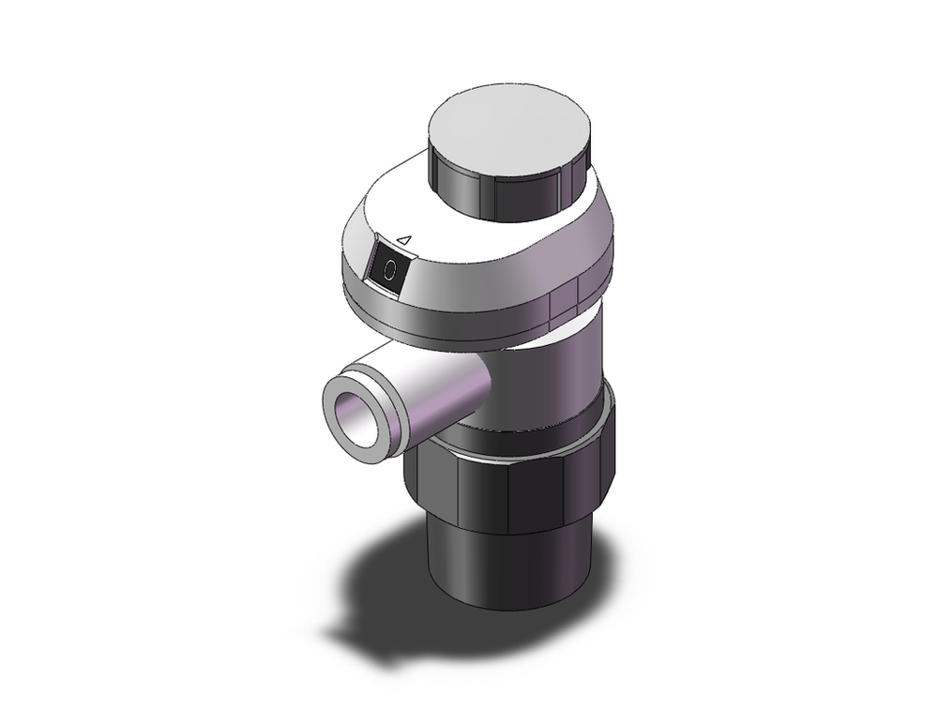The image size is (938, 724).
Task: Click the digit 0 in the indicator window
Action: [x=389, y=270]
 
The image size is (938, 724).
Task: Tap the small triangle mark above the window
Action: [x=404, y=240]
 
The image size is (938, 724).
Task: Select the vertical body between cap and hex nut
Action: [x=563, y=375]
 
